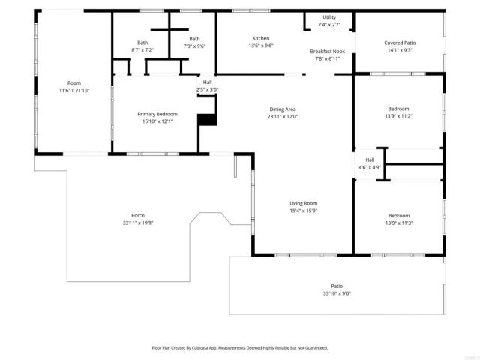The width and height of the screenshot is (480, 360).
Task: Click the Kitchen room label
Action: click(x=260, y=38)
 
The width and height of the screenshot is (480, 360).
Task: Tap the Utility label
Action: click(x=329, y=17)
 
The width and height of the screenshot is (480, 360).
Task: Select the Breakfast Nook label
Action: click(x=328, y=51)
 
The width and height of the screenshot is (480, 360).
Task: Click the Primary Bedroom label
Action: click(x=157, y=114)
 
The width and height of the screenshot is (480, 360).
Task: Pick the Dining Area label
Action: click(x=283, y=109)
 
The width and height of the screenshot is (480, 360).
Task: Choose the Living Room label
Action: click(x=304, y=203)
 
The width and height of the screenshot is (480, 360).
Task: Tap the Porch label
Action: click(x=137, y=215)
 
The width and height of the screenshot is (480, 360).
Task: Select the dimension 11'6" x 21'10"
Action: click(x=74, y=90)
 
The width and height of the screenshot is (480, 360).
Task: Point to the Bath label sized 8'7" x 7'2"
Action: click(x=142, y=43)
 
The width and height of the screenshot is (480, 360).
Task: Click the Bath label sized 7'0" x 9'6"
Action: click(x=194, y=39)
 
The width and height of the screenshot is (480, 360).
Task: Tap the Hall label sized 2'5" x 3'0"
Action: click(x=207, y=82)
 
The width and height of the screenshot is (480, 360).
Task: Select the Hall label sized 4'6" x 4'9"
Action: click(x=370, y=160)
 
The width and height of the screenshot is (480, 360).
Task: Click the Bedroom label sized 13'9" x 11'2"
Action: click(x=398, y=109)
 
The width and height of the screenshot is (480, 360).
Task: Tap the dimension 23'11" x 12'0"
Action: click(x=283, y=116)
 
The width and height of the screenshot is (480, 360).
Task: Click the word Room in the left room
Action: click(x=74, y=82)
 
